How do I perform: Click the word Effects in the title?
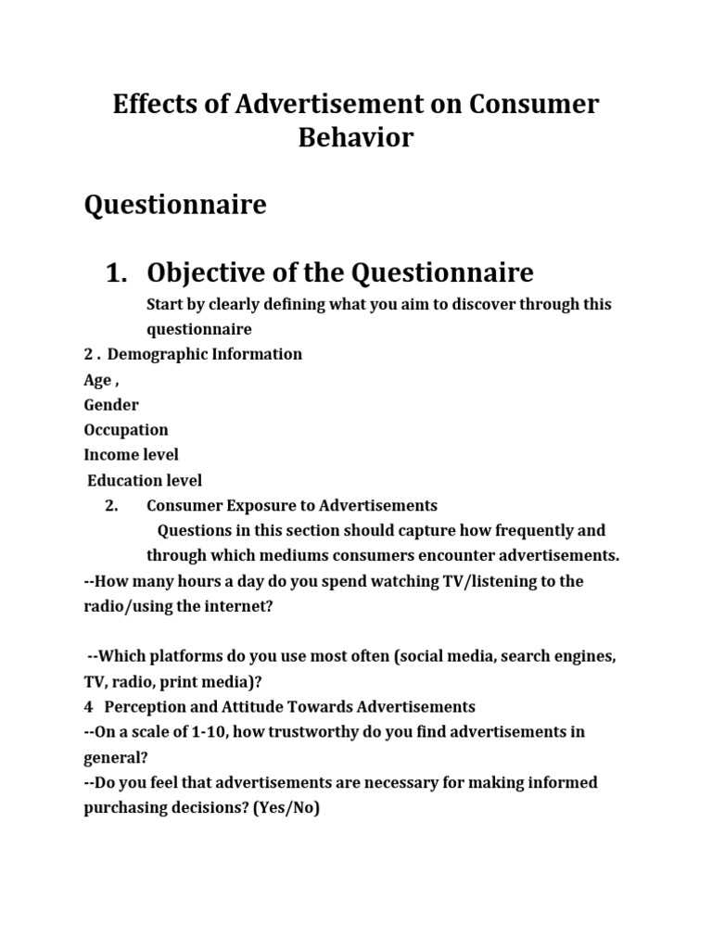[152, 105]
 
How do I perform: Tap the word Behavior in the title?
[356, 138]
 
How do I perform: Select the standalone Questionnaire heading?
[175, 205]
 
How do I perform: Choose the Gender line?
[111, 405]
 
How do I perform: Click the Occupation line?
[126, 430]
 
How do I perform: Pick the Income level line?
[131, 455]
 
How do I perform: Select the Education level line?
[145, 480]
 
